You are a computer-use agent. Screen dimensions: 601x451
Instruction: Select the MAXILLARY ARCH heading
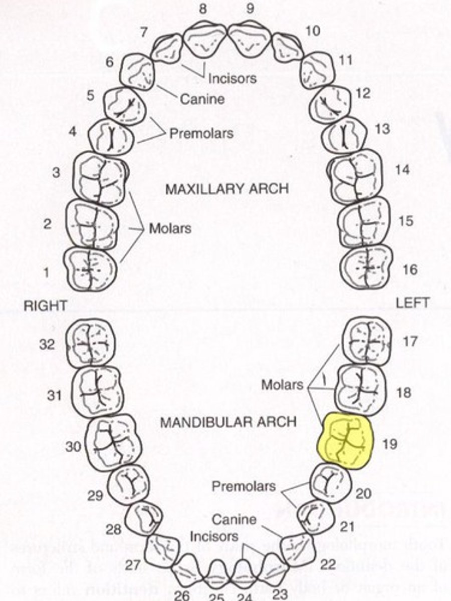[227, 189]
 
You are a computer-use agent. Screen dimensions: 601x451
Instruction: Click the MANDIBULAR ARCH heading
[228, 422]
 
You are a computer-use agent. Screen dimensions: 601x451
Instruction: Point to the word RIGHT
[45, 306]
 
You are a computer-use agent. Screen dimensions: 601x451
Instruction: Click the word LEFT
[412, 303]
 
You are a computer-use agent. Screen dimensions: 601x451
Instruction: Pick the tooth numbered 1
[90, 269]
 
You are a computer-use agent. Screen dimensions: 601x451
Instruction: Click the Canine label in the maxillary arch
[202, 99]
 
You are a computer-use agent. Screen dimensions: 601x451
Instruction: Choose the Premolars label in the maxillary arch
[201, 134]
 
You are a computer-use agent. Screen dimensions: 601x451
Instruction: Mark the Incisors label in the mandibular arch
[214, 536]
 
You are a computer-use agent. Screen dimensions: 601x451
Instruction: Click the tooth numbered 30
[111, 441]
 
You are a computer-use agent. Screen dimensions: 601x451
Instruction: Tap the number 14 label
[402, 170]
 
